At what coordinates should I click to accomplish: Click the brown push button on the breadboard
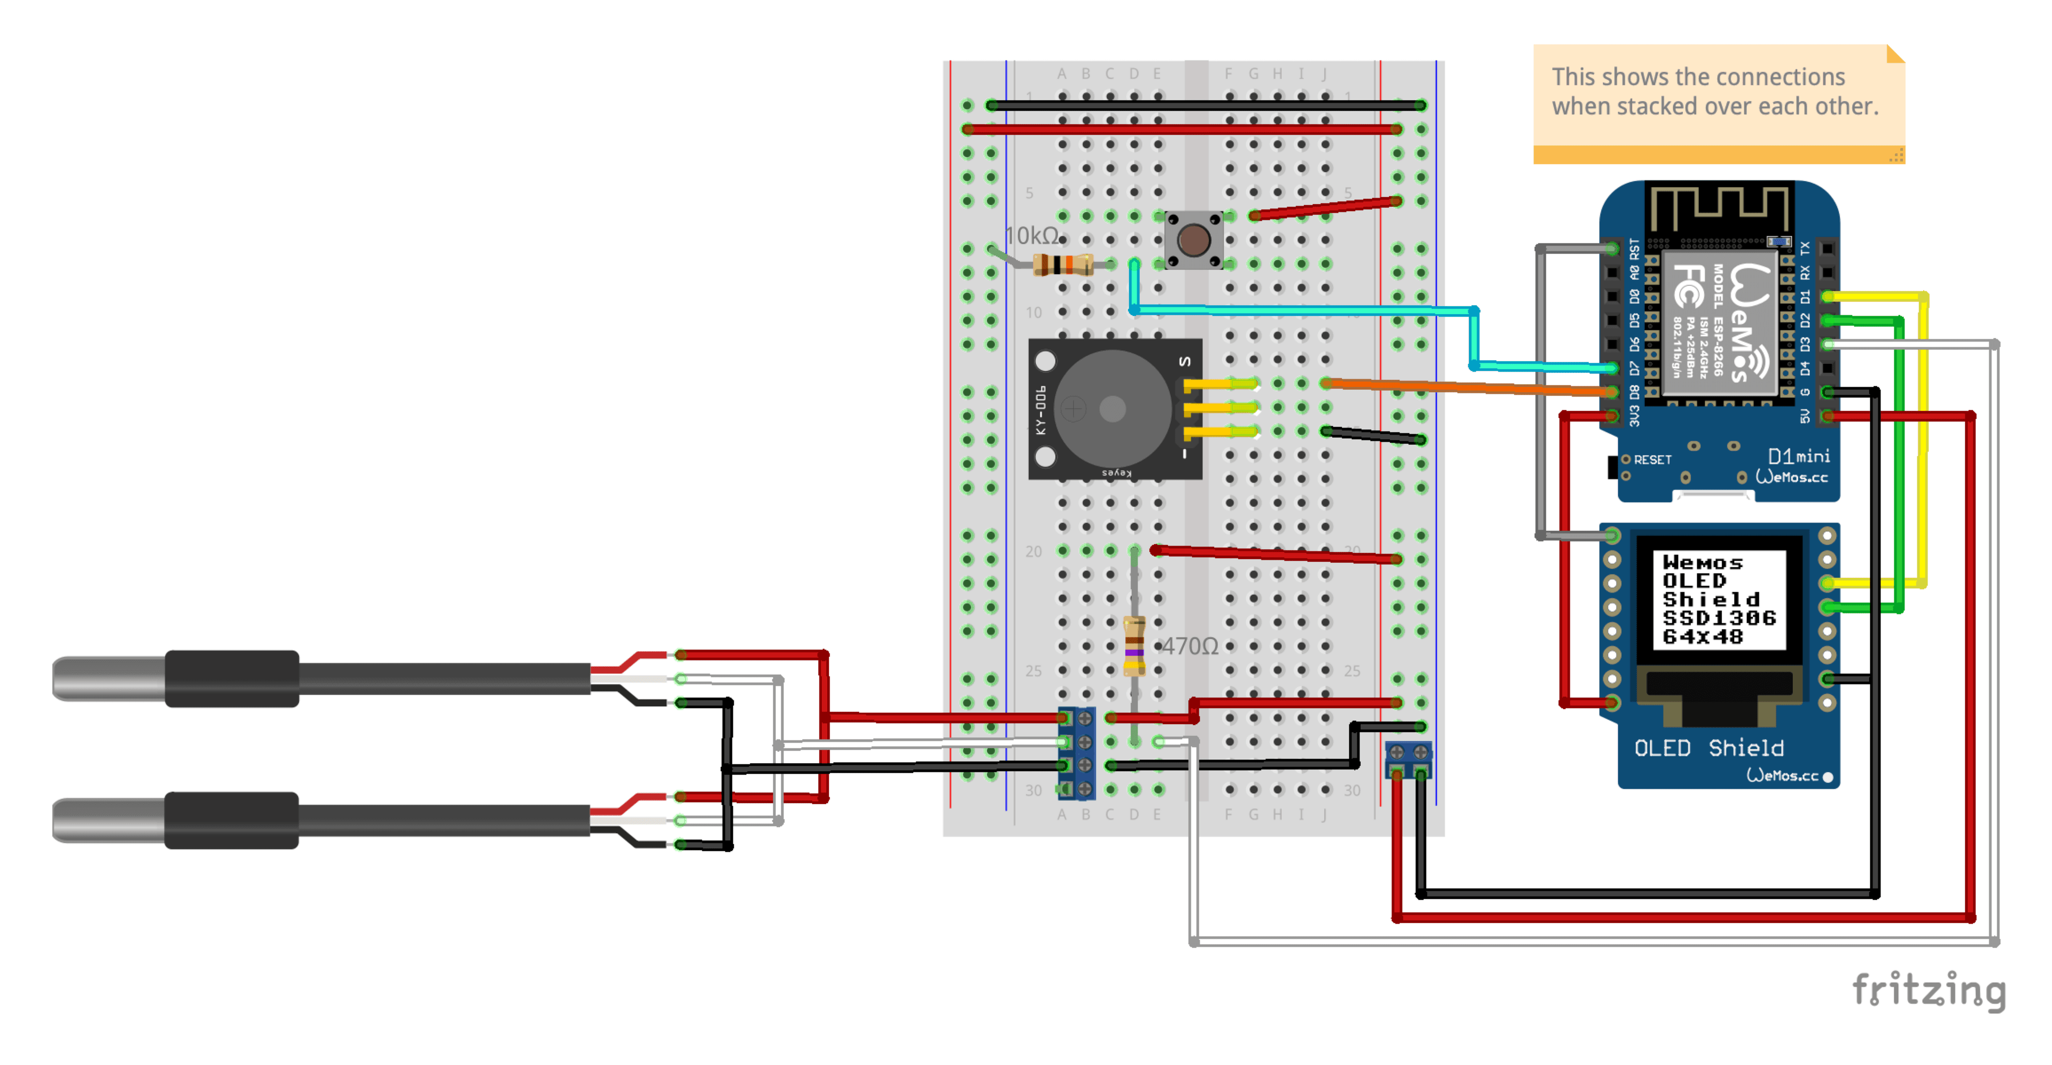[x=1193, y=240]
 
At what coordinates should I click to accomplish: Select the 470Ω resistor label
[x=1190, y=646]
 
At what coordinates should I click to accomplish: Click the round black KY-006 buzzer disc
[x=1112, y=409]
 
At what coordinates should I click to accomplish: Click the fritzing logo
[x=1929, y=990]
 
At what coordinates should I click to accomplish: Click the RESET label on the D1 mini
[x=1651, y=460]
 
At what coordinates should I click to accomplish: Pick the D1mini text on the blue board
[x=1798, y=456]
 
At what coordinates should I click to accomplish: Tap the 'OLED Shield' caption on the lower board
[x=1708, y=748]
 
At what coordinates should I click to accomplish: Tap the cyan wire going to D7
[x=1307, y=310]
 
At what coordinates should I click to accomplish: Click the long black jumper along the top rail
[x=1203, y=105]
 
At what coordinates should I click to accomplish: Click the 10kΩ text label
[x=1031, y=236]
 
